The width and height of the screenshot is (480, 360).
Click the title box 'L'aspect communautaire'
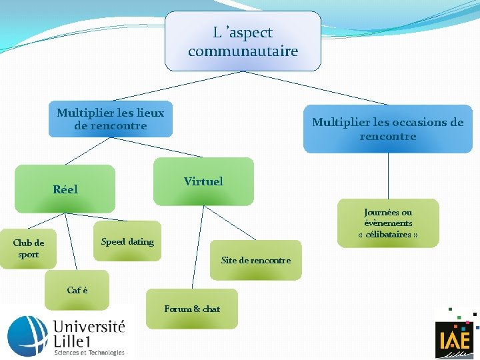coord(243,41)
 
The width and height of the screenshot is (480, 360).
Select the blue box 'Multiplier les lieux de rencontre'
coord(110,119)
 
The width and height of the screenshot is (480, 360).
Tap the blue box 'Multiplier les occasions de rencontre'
coord(387,129)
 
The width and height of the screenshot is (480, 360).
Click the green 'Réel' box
coord(65,189)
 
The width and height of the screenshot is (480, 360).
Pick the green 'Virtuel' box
coord(203,181)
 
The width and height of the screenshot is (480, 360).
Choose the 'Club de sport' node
coord(29,249)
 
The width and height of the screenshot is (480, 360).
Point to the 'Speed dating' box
coord(127,241)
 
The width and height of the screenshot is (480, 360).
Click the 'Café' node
coord(77,291)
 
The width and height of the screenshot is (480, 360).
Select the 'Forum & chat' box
coord(192,309)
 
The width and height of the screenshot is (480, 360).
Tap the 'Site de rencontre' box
coord(255,260)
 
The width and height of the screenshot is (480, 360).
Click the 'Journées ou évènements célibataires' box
coord(388,223)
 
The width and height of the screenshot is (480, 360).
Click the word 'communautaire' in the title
coord(243,51)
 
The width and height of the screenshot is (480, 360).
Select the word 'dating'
coord(141,241)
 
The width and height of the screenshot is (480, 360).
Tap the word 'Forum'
coord(177,309)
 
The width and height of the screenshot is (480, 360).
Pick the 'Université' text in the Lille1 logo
coord(89,326)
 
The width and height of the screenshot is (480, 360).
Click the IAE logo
coord(455,336)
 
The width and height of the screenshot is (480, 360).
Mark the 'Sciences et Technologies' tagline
coord(89,352)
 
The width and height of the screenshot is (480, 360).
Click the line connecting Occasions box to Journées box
coord(389,177)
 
